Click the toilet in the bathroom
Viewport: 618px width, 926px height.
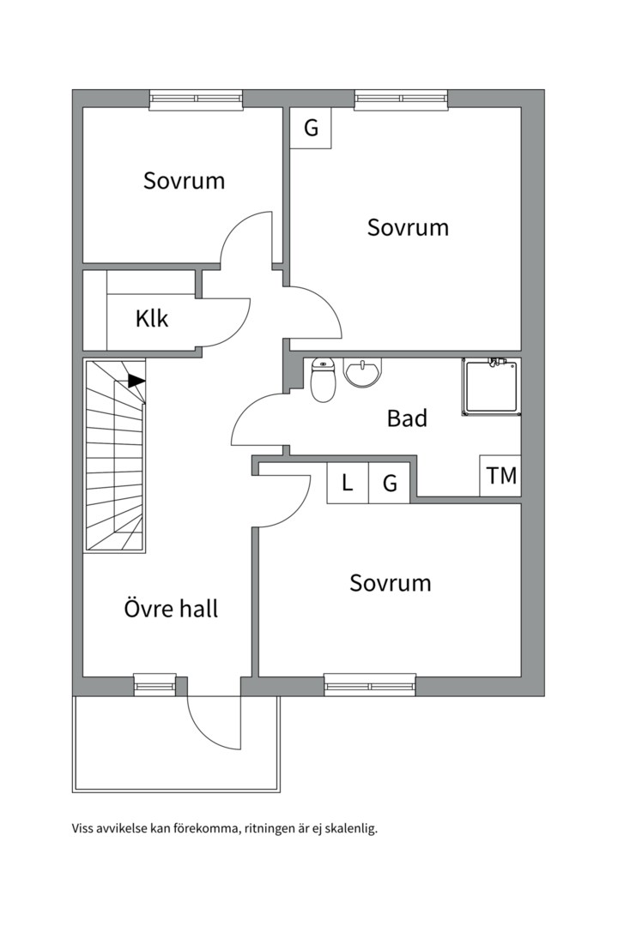[323, 379]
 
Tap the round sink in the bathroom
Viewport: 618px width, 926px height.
[362, 372]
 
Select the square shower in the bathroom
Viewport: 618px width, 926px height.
[492, 387]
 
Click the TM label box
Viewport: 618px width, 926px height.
[500, 475]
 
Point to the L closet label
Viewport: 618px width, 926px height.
[348, 483]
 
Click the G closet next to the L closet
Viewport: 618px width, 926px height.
[390, 483]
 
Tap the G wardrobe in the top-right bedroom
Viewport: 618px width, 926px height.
[311, 128]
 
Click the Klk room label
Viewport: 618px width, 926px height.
[152, 318]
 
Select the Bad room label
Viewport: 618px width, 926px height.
[407, 418]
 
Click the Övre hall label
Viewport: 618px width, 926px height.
[171, 608]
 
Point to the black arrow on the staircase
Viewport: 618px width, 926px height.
[136, 381]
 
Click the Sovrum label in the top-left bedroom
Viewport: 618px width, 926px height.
[184, 180]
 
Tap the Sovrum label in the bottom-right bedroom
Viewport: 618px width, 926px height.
[391, 583]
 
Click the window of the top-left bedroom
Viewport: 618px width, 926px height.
[197, 99]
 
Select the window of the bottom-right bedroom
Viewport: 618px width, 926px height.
[370, 685]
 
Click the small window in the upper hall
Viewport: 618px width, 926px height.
[155, 684]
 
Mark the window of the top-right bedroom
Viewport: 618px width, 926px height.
[401, 99]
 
